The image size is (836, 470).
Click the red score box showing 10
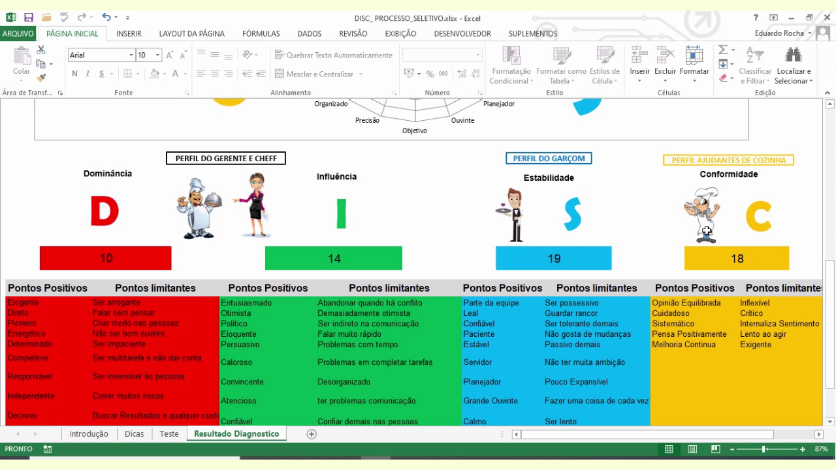[105, 258]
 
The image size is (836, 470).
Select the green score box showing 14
[334, 258]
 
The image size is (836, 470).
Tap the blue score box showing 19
[554, 258]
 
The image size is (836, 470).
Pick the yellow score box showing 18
[737, 258]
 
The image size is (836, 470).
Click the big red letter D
[104, 212]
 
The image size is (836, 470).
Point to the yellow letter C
[758, 217]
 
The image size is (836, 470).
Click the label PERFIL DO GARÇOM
[549, 158]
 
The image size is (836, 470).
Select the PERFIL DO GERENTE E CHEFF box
[225, 158]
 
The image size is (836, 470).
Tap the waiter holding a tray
[514, 214]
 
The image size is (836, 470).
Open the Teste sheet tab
[169, 434]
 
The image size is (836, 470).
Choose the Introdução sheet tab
[89, 434]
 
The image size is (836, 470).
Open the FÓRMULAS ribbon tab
[261, 33]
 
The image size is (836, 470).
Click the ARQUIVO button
[18, 33]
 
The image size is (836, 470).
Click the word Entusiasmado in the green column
[246, 303]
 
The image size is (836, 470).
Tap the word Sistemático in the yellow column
[673, 324]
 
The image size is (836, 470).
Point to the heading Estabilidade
[549, 178]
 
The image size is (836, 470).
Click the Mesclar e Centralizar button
[319, 74]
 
